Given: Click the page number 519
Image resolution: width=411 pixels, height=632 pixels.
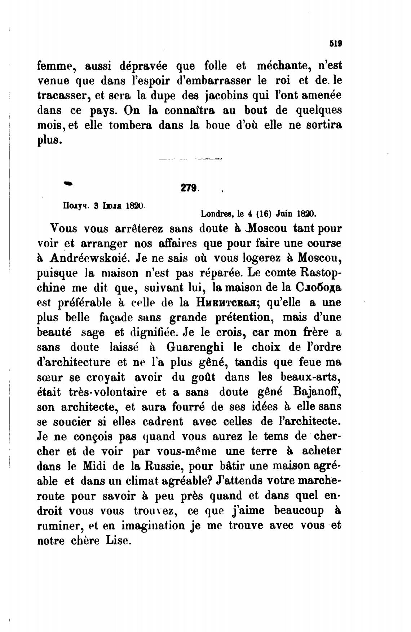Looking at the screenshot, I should [x=335, y=44].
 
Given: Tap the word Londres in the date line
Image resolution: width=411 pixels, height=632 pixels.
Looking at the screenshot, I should [x=216, y=213].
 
